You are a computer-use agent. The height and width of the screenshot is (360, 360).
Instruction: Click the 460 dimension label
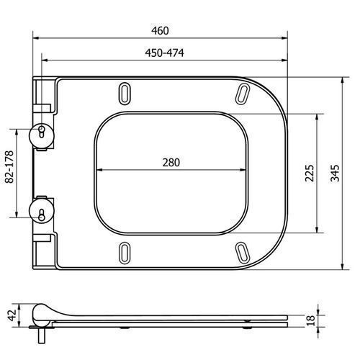tap(160, 30)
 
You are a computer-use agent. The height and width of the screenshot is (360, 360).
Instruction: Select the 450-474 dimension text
tap(164, 53)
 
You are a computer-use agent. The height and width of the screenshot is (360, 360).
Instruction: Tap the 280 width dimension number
tap(171, 163)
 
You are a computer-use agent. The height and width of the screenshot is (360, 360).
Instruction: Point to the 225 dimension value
tap(310, 173)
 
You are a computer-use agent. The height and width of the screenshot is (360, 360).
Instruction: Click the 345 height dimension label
tap(335, 173)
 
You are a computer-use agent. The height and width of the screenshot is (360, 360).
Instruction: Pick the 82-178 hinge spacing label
tap(9, 167)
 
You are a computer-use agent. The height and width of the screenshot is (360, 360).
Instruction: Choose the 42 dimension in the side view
tap(12, 315)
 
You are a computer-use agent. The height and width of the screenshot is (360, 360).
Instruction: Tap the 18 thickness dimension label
tap(310, 320)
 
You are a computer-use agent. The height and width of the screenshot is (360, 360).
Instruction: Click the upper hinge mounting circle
tap(42, 135)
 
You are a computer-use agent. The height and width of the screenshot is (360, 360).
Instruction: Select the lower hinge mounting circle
tap(42, 210)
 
